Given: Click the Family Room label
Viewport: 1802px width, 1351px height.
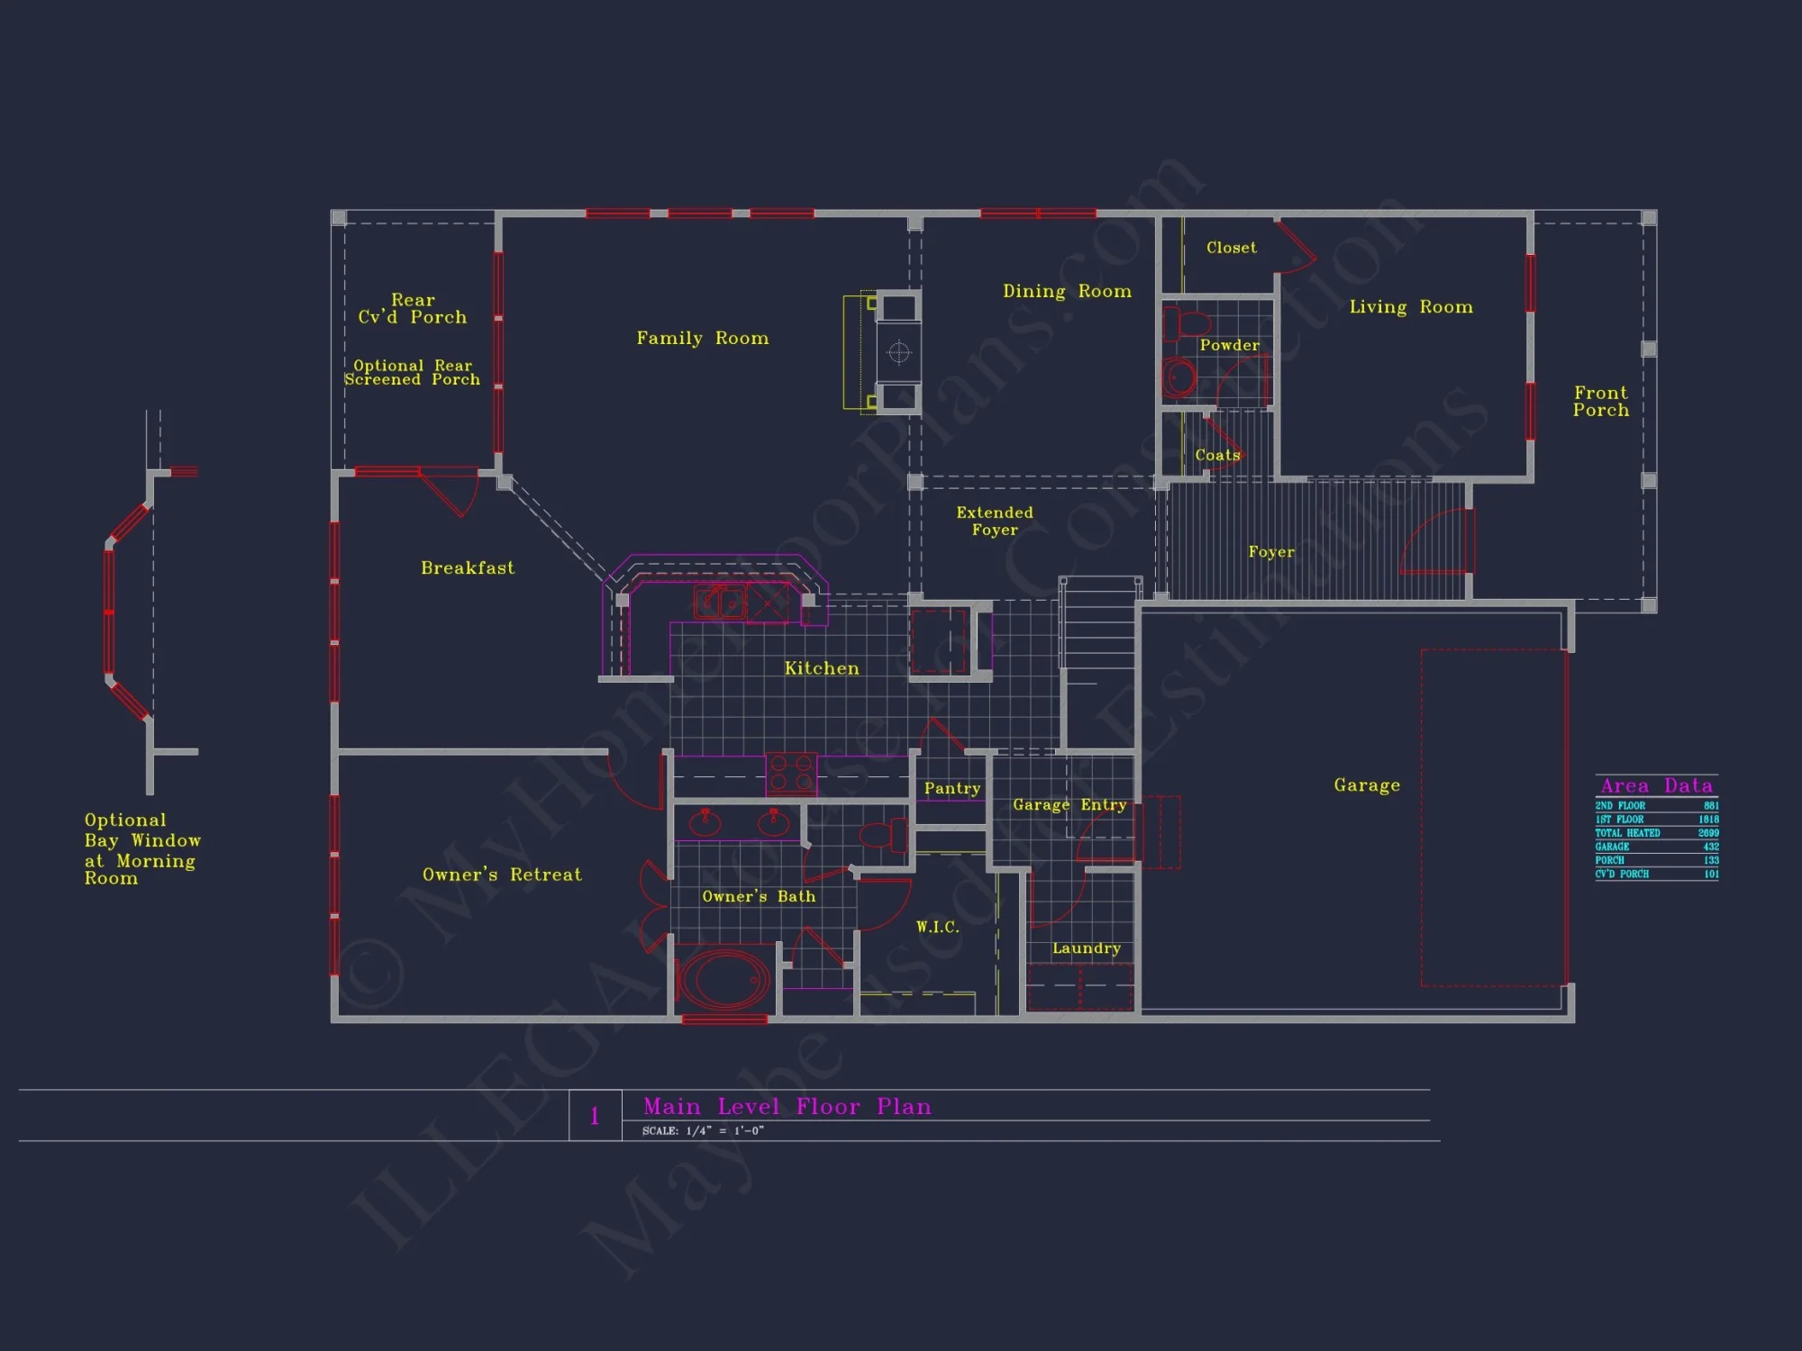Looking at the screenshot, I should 702,338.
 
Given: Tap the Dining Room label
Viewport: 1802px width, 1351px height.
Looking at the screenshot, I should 1067,291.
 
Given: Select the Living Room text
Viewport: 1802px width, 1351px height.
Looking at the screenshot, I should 1410,307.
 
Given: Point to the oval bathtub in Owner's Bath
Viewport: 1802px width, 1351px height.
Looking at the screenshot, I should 724,980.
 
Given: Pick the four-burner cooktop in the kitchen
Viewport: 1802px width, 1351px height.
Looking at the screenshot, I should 791,774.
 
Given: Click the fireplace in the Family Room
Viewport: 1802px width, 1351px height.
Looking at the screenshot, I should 898,352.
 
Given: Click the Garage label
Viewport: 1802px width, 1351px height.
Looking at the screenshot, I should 1367,785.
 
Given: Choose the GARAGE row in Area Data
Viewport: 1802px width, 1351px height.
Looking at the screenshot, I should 1656,847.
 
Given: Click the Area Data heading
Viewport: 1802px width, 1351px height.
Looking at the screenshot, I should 1656,785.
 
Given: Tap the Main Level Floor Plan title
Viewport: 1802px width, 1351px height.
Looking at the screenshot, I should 787,1106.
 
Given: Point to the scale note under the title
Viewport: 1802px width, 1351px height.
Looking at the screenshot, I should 702,1131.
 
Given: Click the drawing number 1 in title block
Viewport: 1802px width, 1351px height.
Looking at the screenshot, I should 595,1116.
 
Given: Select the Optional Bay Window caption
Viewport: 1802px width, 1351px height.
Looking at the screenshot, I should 141,848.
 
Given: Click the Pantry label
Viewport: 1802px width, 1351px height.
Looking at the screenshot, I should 951,788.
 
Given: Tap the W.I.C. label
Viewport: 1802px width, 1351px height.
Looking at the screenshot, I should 937,927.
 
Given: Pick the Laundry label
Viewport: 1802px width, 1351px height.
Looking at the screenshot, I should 1086,948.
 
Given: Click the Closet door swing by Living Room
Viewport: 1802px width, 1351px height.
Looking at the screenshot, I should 1296,248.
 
